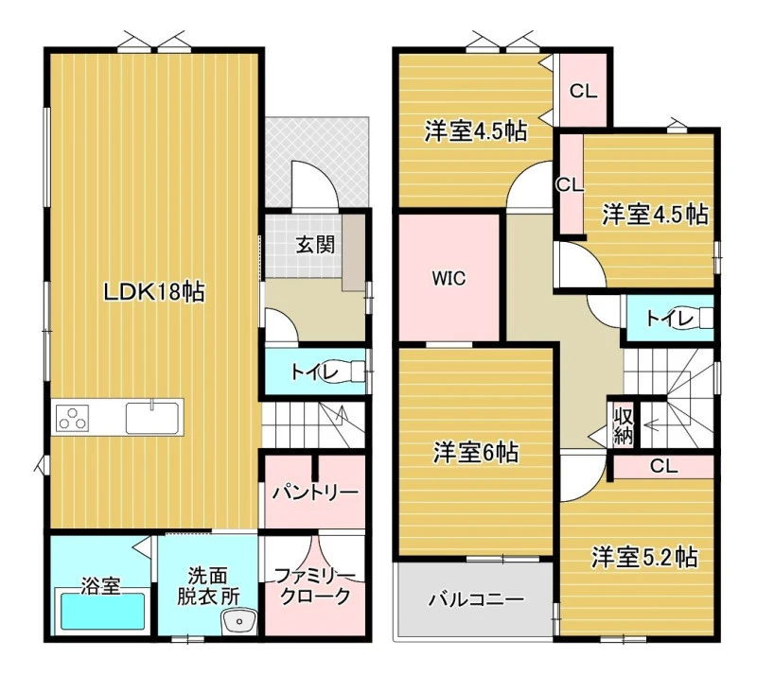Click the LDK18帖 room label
pos(154,292)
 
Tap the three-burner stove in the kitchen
pos(73,418)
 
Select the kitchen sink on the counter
pos(152,417)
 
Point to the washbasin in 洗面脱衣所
pos(239,621)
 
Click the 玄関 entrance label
pos(315,245)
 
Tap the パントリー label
pos(315,493)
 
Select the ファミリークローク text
pos(315,586)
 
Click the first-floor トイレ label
pos(314,372)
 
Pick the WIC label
pos(449,278)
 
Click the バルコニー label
pos(476,599)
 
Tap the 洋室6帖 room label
pos(476,453)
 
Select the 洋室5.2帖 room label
pos(645,557)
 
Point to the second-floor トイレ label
pos(670,319)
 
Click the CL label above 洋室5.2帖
pos(664,466)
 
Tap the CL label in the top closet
pos(583,91)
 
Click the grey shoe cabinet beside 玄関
pos(353,252)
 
